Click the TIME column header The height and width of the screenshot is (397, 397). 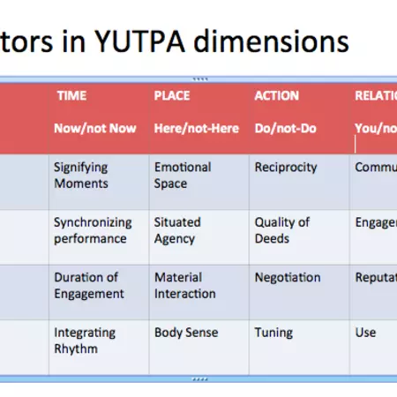pyautogui.click(x=71, y=95)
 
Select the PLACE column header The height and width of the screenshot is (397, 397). pyautogui.click(x=172, y=95)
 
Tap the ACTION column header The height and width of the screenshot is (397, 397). pyautogui.click(x=276, y=95)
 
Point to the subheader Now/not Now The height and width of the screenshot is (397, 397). pyautogui.click(x=94, y=128)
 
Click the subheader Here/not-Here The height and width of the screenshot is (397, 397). pyautogui.click(x=196, y=128)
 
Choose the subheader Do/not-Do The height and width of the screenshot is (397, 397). pyautogui.click(x=282, y=128)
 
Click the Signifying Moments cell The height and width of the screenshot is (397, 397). pyautogui.click(x=82, y=175)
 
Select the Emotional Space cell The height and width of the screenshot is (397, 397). pyautogui.click(x=183, y=175)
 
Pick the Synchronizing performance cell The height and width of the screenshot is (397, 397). pyautogui.click(x=92, y=230)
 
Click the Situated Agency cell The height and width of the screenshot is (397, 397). pyautogui.click(x=177, y=230)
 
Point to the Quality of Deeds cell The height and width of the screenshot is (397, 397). pyautogui.click(x=283, y=230)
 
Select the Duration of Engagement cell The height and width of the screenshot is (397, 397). pyautogui.click(x=89, y=286)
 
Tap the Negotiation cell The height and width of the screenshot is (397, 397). pyautogui.click(x=288, y=278)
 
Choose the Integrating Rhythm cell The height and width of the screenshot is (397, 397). pyautogui.click(x=85, y=341)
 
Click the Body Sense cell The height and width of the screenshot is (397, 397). pyautogui.click(x=187, y=333)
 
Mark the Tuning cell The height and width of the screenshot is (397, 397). pyautogui.click(x=274, y=333)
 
